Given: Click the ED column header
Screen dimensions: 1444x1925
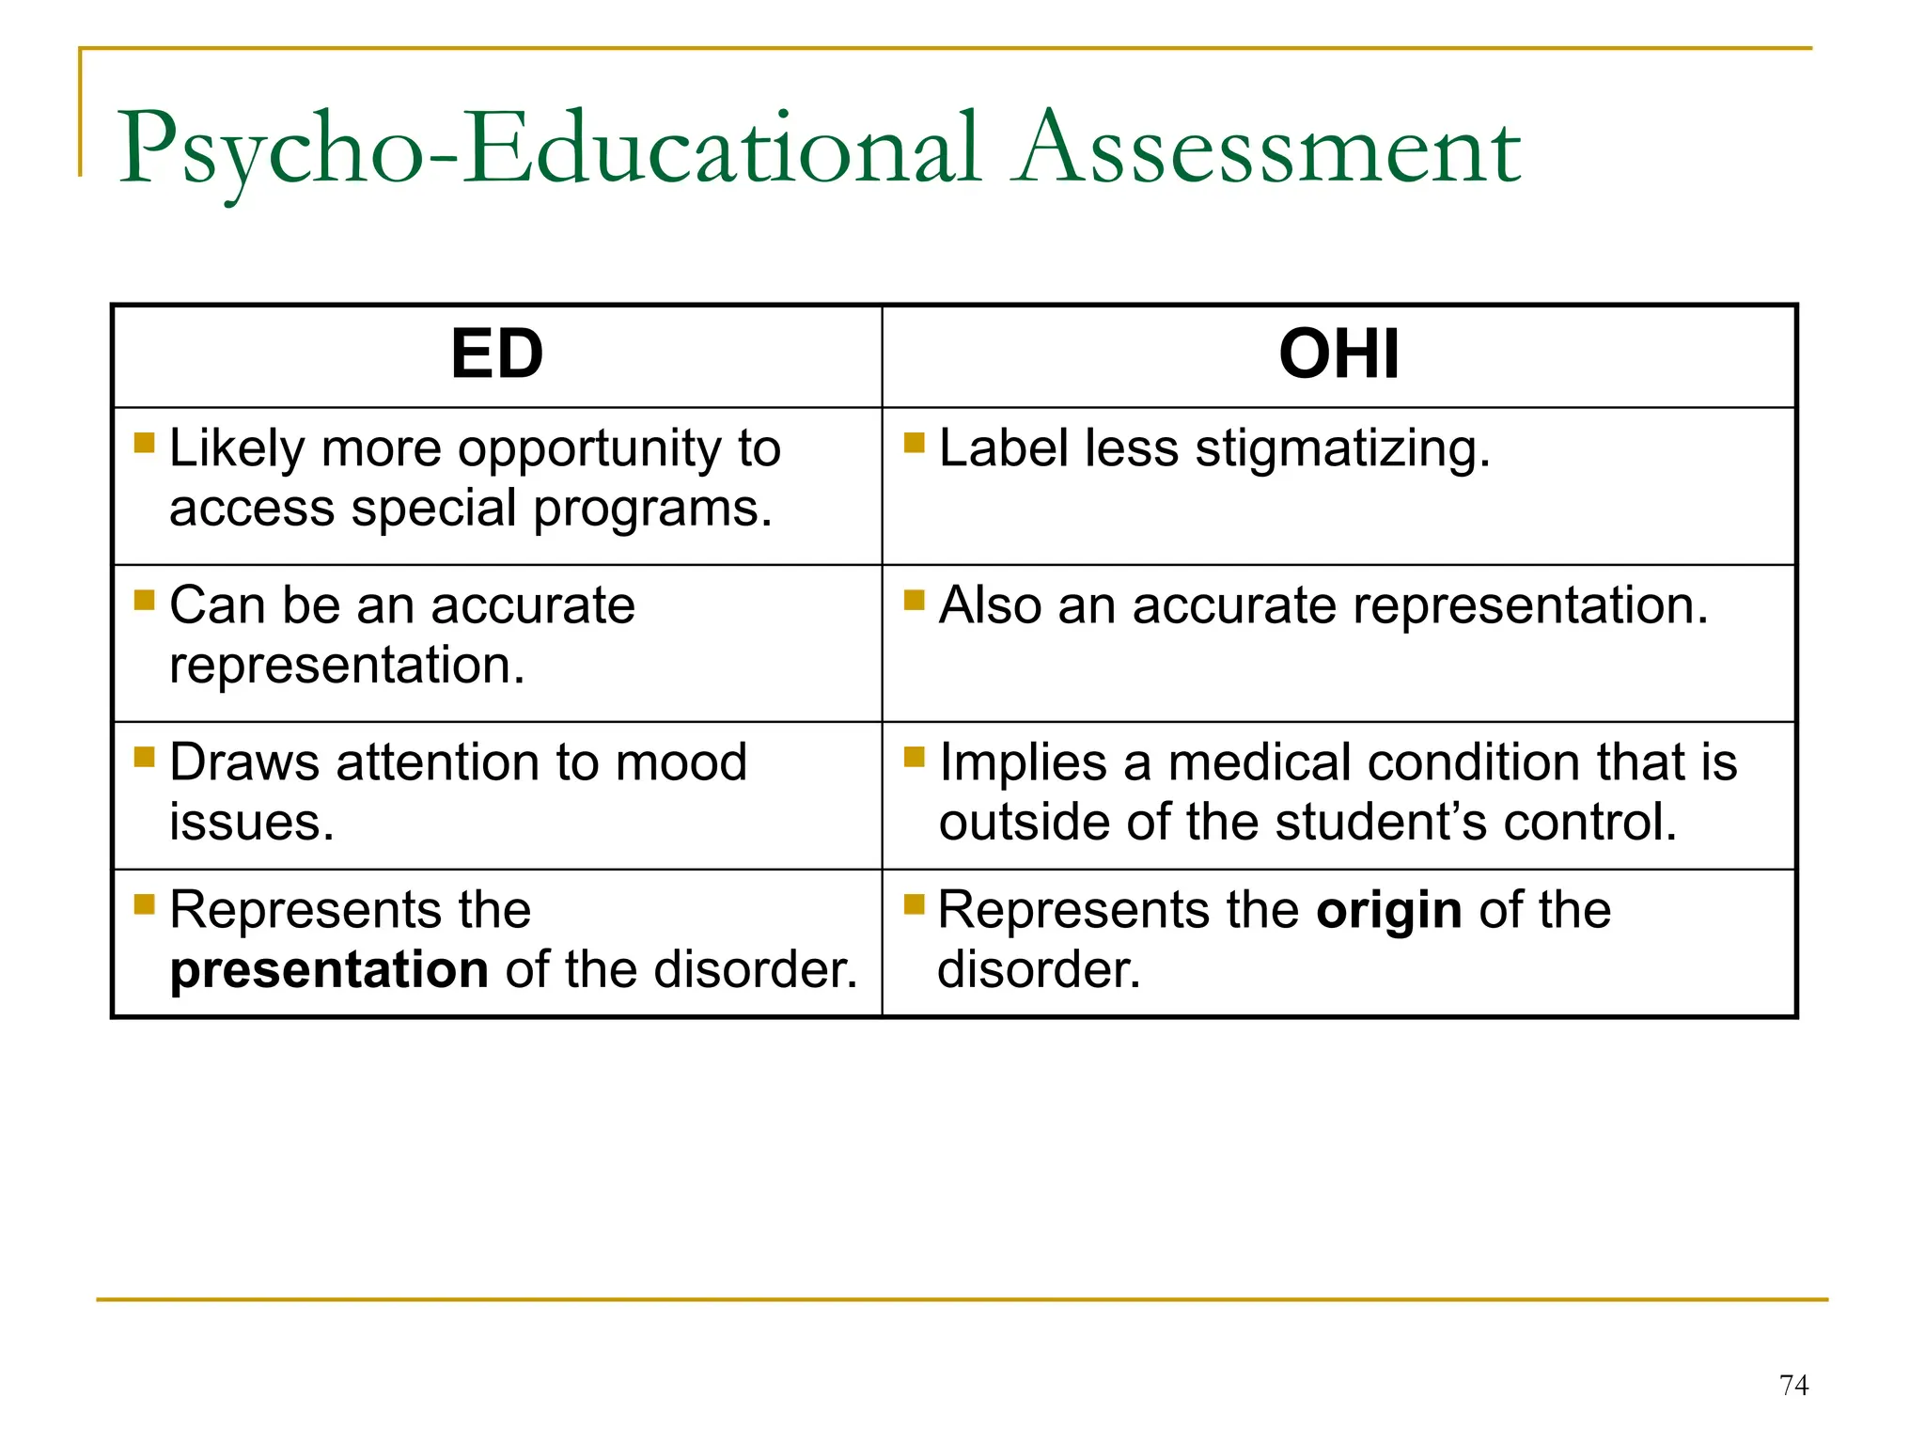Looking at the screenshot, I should click(496, 354).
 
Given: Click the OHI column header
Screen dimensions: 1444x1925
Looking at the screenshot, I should click(1338, 354).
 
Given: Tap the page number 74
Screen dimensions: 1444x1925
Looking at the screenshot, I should click(1793, 1385).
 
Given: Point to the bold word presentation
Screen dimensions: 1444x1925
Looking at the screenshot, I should click(329, 969).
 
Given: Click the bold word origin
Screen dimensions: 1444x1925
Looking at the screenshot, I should click(1388, 910).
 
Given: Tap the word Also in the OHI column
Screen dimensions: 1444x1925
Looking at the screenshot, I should click(991, 604).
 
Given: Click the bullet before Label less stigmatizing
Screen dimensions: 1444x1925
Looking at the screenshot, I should click(914, 442).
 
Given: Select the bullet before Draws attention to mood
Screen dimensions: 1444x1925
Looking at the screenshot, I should click(144, 757).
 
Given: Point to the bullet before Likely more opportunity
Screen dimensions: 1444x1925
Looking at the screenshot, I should click(144, 442).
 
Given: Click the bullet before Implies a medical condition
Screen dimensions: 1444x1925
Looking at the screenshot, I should click(914, 757).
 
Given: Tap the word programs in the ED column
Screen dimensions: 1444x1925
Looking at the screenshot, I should click(652, 510).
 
